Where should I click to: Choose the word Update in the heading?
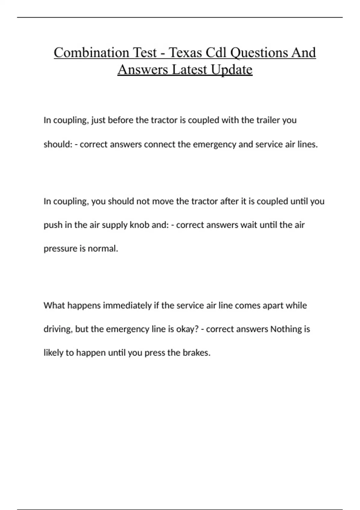(232, 70)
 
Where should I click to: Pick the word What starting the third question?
(54, 305)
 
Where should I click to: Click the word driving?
(58, 329)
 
